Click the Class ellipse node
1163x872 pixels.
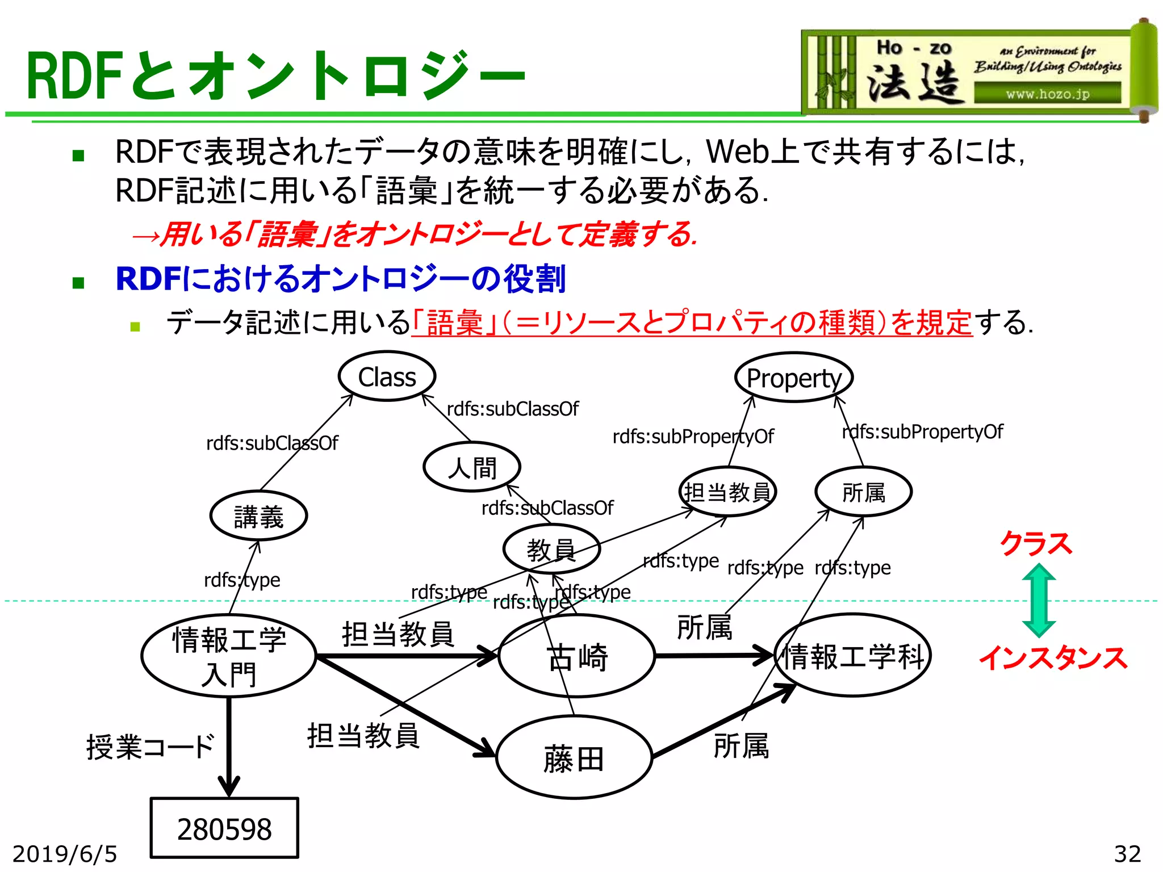pyautogui.click(x=387, y=376)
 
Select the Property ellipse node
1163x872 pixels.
pyautogui.click(x=793, y=378)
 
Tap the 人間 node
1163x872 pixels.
pyautogui.click(x=471, y=467)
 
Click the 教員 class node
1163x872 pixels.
pyautogui.click(x=551, y=549)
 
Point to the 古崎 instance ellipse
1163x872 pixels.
pyautogui.click(x=576, y=656)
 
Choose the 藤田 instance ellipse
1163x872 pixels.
pyautogui.click(x=574, y=758)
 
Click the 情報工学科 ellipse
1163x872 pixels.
pyautogui.click(x=852, y=656)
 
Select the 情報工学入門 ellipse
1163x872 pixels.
pyautogui.click(x=228, y=656)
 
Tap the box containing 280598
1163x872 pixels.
pyautogui.click(x=224, y=828)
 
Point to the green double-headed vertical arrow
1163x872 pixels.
pyautogui.click(x=1039, y=600)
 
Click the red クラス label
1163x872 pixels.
pyautogui.click(x=1036, y=543)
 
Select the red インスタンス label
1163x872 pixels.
pyautogui.click(x=1053, y=658)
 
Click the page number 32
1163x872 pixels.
pyautogui.click(x=1127, y=854)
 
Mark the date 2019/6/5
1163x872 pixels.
pyautogui.click(x=65, y=854)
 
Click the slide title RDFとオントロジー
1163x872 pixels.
pyautogui.click(x=275, y=76)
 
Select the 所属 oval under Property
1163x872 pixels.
pyautogui.click(x=863, y=492)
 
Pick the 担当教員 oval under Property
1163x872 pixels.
pyautogui.click(x=727, y=492)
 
